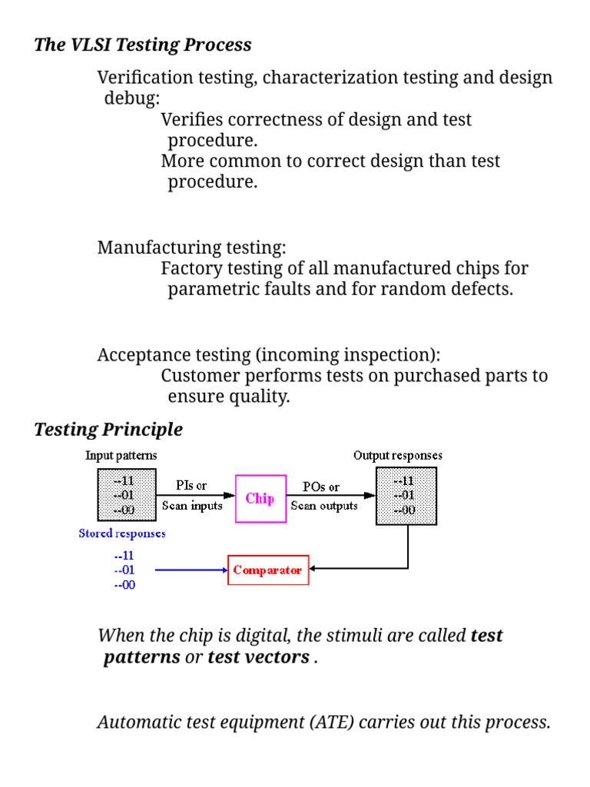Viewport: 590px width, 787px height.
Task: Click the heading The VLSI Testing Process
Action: [143, 45]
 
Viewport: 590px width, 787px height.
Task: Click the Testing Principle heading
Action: [108, 429]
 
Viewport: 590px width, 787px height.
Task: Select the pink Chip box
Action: [260, 499]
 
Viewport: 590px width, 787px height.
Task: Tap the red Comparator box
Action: [268, 570]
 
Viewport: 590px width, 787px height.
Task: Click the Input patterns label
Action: [121, 455]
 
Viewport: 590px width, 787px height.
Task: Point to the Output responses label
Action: [397, 455]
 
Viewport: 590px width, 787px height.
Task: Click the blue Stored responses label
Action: [121, 533]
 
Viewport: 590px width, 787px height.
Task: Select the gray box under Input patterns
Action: [124, 495]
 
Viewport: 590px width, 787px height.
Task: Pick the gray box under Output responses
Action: [406, 496]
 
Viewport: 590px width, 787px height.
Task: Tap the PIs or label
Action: [192, 486]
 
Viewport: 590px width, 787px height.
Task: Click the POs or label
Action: [321, 486]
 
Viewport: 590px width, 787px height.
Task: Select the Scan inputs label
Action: [192, 506]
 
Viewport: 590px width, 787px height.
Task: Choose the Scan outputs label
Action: [324, 506]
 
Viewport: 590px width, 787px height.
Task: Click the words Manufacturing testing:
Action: [191, 247]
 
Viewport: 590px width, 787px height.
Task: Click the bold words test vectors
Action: [258, 658]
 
